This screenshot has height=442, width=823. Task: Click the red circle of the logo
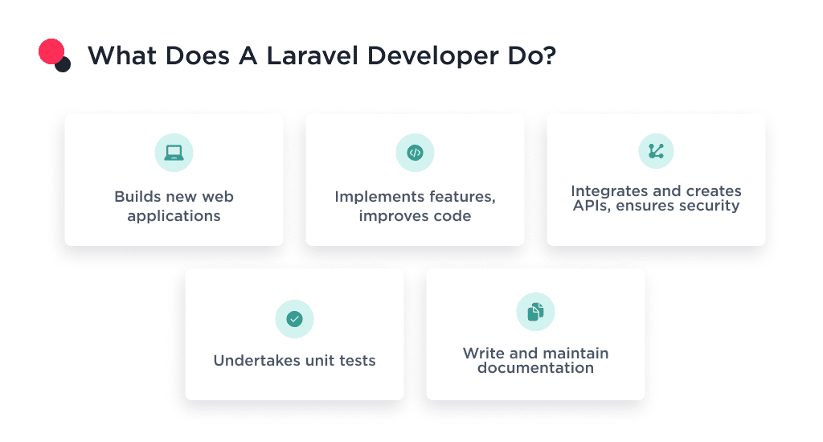coord(51,52)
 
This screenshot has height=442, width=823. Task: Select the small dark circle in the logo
coord(63,64)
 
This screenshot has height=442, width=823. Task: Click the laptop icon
coord(174,152)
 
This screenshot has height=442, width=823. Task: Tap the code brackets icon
coord(415,152)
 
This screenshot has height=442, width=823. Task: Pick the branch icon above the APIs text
coord(656,150)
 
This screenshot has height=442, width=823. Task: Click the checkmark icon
coord(294,319)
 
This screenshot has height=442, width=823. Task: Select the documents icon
coord(535,312)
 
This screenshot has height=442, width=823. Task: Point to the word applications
coord(174,216)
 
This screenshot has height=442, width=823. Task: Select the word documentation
coord(535,368)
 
